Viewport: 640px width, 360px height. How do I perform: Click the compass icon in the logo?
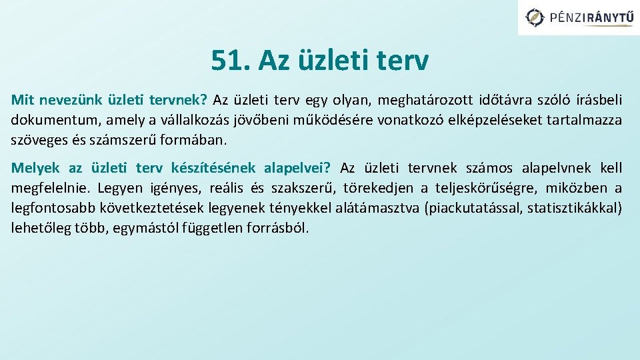point(535,17)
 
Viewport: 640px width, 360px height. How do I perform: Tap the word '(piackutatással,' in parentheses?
point(473,208)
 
